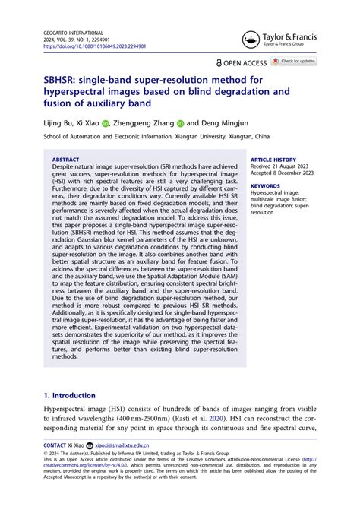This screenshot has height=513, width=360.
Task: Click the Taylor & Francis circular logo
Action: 251,40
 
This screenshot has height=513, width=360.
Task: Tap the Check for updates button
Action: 294,62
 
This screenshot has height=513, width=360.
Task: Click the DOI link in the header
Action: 95,46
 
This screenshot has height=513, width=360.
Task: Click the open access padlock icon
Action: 219,62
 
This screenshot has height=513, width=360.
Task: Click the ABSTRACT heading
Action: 65,160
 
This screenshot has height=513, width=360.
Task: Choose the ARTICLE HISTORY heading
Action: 273,160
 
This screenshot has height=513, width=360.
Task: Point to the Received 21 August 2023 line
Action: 280,166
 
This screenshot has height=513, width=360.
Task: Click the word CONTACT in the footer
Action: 55,445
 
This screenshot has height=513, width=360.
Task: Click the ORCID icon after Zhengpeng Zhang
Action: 181,122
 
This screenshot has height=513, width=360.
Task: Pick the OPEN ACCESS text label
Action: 245,62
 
